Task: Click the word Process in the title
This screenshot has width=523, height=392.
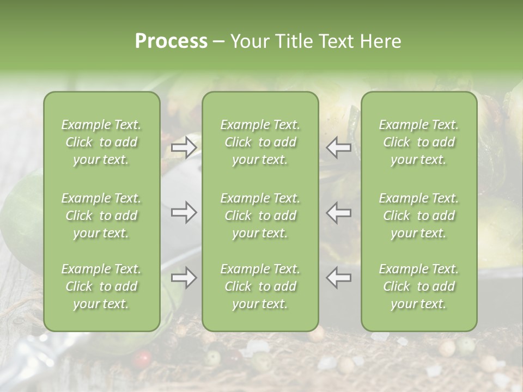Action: click(171, 41)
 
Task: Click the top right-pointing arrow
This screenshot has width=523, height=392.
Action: click(184, 147)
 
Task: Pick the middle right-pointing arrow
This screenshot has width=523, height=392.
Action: click(184, 212)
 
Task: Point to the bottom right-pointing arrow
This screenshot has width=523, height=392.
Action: click(184, 278)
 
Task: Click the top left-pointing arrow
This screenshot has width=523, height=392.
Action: click(339, 147)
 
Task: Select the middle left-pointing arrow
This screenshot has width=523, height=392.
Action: click(339, 212)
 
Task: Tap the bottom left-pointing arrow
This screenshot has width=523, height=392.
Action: click(339, 278)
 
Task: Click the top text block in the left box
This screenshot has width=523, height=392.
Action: click(101, 142)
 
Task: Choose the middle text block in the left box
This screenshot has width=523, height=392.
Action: click(101, 216)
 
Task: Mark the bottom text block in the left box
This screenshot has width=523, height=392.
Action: click(101, 286)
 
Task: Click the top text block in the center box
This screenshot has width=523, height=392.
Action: click(260, 142)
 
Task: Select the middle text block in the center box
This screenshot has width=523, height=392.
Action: click(260, 216)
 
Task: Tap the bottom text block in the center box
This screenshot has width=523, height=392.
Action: click(260, 286)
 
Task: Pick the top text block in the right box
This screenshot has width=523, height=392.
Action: click(419, 142)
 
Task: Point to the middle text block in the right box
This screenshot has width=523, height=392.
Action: click(419, 216)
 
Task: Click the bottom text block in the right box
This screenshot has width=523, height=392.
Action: click(419, 286)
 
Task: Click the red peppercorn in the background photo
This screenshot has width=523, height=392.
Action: click(143, 359)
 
